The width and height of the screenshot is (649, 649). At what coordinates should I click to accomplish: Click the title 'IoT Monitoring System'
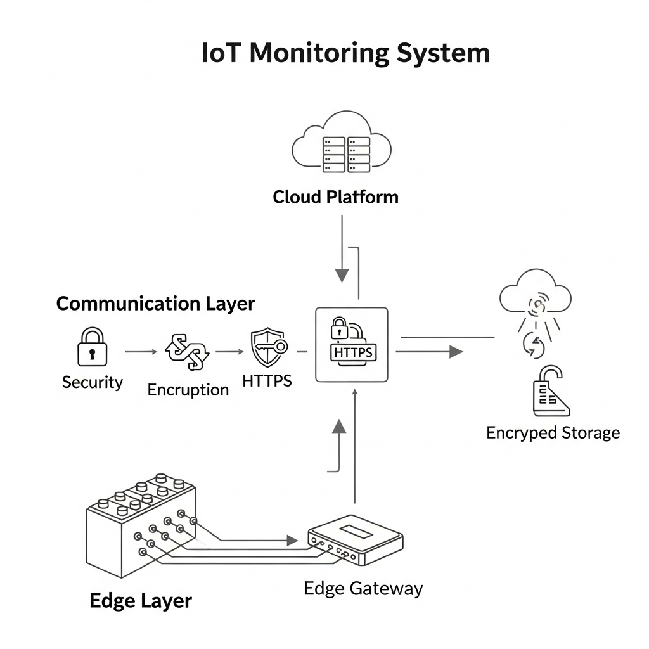tap(345, 53)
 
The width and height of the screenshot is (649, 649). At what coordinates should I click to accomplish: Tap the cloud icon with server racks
tap(342, 145)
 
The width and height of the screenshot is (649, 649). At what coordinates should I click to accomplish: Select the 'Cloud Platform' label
tap(335, 197)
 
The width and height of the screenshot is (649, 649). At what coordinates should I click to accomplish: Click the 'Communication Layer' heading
tap(155, 304)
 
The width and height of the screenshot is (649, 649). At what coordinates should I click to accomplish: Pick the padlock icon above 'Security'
tap(92, 347)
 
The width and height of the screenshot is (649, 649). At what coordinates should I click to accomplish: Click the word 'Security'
tap(92, 382)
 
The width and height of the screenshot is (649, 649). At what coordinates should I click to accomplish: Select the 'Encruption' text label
tap(188, 390)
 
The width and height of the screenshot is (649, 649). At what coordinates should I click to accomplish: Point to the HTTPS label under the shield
tap(267, 380)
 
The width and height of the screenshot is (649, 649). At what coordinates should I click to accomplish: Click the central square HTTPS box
tap(351, 345)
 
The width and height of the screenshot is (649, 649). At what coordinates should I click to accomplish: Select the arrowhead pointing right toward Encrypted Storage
tap(456, 352)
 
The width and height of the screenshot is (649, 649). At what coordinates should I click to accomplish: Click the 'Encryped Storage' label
tap(553, 433)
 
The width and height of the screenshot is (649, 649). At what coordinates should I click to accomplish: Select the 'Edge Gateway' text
tap(363, 588)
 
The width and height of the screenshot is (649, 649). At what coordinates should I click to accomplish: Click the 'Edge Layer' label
tap(140, 600)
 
